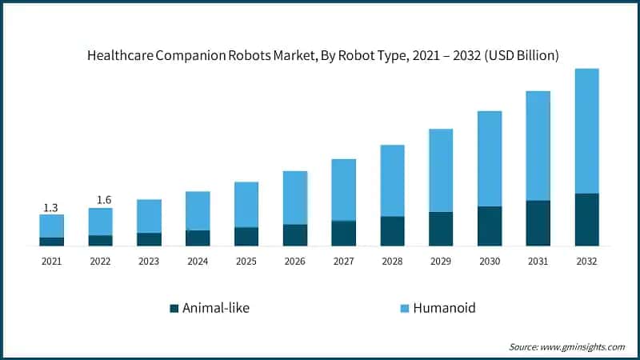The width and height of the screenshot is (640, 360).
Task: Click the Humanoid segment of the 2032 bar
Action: (587, 130)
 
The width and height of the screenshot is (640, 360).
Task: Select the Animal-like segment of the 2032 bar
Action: (587, 219)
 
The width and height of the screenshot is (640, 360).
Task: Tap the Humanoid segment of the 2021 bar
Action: (51, 226)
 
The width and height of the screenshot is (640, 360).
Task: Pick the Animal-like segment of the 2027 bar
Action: (343, 233)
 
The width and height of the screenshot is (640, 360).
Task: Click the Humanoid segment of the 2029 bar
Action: (441, 170)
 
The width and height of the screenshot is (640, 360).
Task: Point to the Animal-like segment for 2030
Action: (490, 226)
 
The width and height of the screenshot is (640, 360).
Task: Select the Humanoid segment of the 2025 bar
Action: (246, 205)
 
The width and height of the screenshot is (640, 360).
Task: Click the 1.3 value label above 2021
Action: (50, 208)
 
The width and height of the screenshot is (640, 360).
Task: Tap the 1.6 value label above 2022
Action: (102, 199)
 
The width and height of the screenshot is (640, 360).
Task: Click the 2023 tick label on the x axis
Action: (149, 261)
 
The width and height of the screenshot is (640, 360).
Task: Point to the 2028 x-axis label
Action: (392, 261)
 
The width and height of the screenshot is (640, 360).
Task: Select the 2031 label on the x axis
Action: (538, 261)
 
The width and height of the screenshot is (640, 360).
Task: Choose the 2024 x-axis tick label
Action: (198, 261)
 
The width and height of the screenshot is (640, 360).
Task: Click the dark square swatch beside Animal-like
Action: (174, 308)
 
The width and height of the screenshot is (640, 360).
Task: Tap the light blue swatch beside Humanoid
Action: (404, 308)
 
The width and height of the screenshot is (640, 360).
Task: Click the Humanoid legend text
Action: (445, 308)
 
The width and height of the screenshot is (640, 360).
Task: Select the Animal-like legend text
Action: (216, 308)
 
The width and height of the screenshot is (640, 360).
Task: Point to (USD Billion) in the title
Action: (518, 55)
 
